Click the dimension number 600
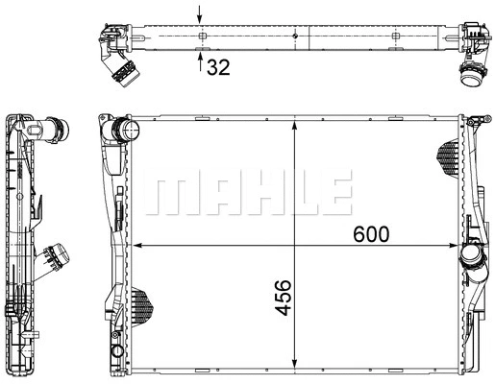pyautogui.click(x=371, y=234)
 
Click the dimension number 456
pyautogui.click(x=284, y=298)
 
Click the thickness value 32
pyautogui.click(x=218, y=67)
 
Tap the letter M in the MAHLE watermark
pyautogui.click(x=174, y=193)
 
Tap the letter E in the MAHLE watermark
pyautogui.click(x=336, y=193)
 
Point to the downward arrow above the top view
pyautogui.click(x=200, y=14)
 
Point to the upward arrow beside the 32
pyautogui.click(x=200, y=61)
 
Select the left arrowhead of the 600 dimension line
pyautogui.click(x=137, y=246)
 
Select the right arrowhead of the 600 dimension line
pyautogui.click(x=454, y=246)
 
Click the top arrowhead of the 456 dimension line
pyautogui.click(x=295, y=126)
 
